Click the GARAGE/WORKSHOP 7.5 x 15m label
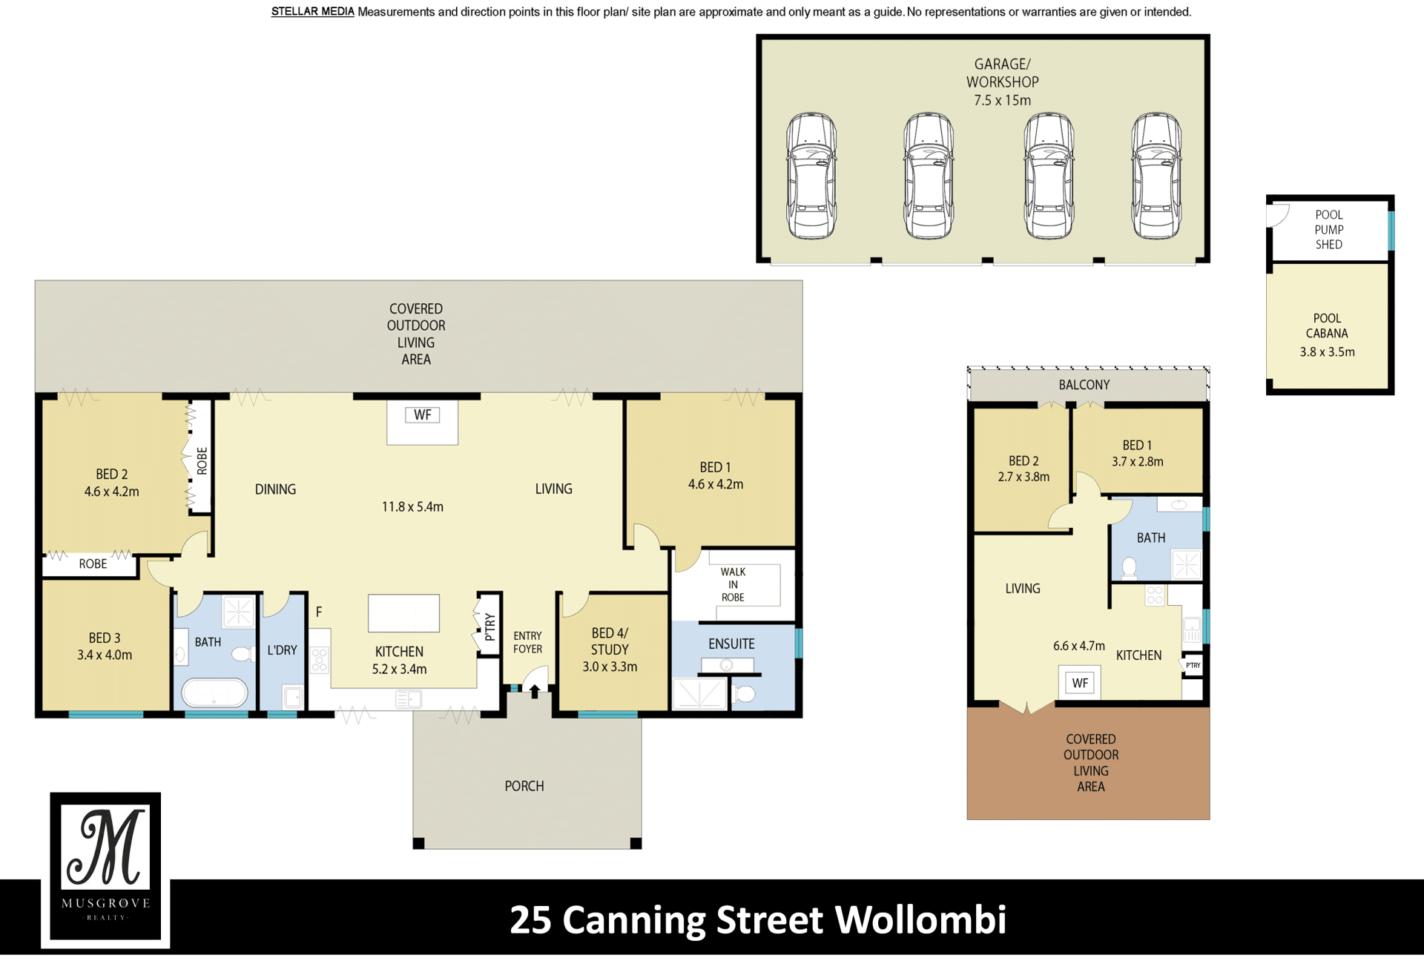point(1002,82)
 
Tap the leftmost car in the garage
point(811,176)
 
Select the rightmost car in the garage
point(1156,176)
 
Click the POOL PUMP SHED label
point(1329,230)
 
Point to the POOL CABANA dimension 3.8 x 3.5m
point(1327,352)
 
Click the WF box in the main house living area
point(423,415)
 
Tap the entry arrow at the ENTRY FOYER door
point(534,691)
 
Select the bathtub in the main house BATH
point(215,693)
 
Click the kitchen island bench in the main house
point(404,613)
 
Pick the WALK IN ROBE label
point(733,584)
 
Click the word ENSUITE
point(731,644)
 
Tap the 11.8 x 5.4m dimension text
point(412,507)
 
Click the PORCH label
point(524,786)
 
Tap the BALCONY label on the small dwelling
point(1084,385)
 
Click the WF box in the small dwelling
point(1080,683)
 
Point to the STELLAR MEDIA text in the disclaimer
point(312,12)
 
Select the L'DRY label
point(282,650)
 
